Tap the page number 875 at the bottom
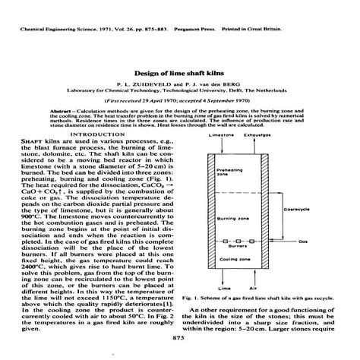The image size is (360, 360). pos(179,336)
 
